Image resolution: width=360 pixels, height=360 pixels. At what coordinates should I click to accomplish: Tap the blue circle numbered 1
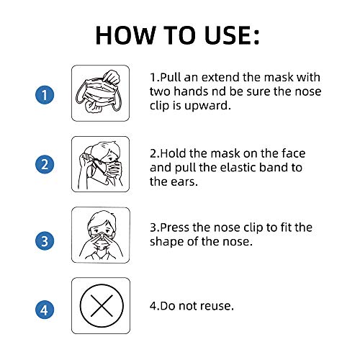coord(45,94)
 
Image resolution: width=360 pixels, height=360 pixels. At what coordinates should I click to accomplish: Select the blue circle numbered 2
coord(45,165)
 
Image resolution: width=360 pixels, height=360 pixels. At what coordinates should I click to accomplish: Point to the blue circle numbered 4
coord(45,310)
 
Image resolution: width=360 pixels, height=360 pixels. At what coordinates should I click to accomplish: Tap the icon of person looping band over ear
coord(100,165)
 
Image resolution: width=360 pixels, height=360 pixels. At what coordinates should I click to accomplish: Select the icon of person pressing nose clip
coord(100,235)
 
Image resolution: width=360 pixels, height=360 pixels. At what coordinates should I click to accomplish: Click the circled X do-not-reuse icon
coord(100,305)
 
